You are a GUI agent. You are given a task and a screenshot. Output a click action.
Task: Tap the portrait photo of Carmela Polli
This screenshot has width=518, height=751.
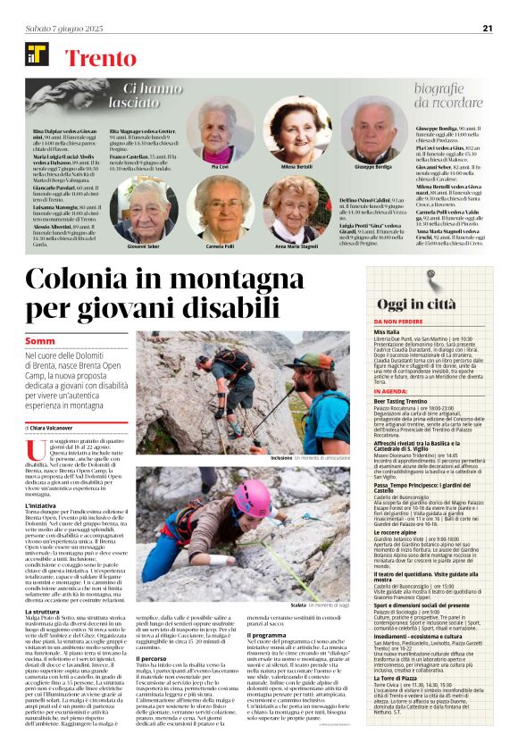coord(221,209)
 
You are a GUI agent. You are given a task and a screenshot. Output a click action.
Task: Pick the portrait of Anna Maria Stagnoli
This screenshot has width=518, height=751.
coord(297,209)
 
